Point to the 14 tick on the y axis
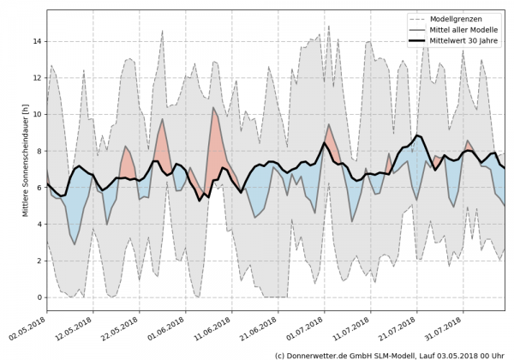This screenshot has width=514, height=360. pos(37,41)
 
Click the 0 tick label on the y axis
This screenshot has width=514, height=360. pos(39,297)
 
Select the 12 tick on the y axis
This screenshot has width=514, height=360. pos(37,78)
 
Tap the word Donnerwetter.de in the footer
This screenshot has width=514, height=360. pos(320,354)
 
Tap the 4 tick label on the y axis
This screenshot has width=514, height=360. pos(39,225)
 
